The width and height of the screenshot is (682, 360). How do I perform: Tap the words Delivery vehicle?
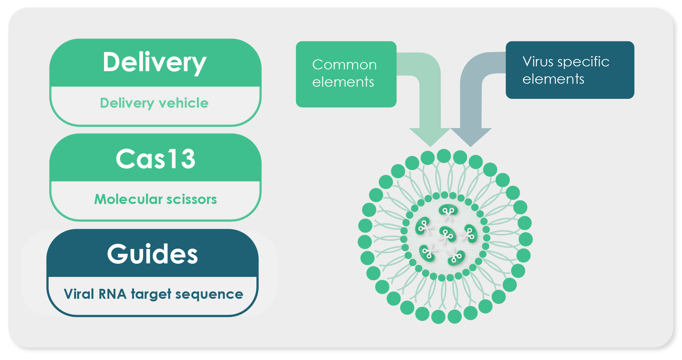coord(154,103)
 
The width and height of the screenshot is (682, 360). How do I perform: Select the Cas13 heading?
coord(155,159)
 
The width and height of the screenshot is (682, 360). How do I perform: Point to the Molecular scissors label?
coord(155,199)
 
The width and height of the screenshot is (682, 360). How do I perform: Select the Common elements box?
coord(346,74)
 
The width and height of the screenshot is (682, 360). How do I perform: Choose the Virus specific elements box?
coord(570,70)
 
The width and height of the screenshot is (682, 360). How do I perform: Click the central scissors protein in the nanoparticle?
coord(447,234)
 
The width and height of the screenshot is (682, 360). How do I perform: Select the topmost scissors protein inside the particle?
coord(448,211)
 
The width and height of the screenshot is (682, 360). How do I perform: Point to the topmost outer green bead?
coord(444,156)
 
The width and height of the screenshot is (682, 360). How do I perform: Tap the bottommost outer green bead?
coord(438,316)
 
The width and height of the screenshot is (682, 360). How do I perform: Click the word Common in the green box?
coord(344,65)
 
